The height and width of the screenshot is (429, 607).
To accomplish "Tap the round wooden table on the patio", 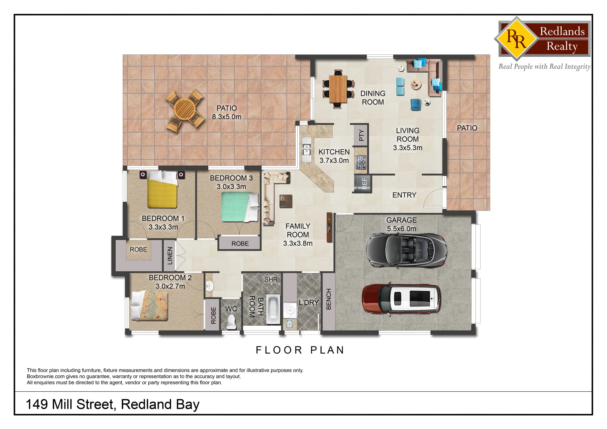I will pyautogui.click(x=185, y=110).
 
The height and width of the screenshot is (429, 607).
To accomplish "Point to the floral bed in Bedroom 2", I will pyautogui.click(x=150, y=305).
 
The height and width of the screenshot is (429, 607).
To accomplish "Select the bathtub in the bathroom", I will pyautogui.click(x=273, y=309).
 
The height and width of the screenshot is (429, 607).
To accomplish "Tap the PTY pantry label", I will pyautogui.click(x=361, y=135).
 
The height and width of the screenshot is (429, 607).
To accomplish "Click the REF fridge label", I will pyautogui.click(x=364, y=184).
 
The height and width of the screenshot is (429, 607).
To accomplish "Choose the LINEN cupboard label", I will pyautogui.click(x=170, y=255).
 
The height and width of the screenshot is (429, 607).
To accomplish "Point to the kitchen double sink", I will pyautogui.click(x=306, y=149).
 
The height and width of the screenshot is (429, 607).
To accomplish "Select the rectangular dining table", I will pyautogui.click(x=338, y=89).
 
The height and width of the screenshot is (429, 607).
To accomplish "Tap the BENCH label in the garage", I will pyautogui.click(x=329, y=299).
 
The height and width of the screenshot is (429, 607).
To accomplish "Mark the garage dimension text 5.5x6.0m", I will pyautogui.click(x=401, y=229).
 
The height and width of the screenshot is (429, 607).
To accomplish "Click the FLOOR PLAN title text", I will pyautogui.click(x=300, y=350).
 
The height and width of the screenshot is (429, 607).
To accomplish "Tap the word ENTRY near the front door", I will pyautogui.click(x=404, y=195).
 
